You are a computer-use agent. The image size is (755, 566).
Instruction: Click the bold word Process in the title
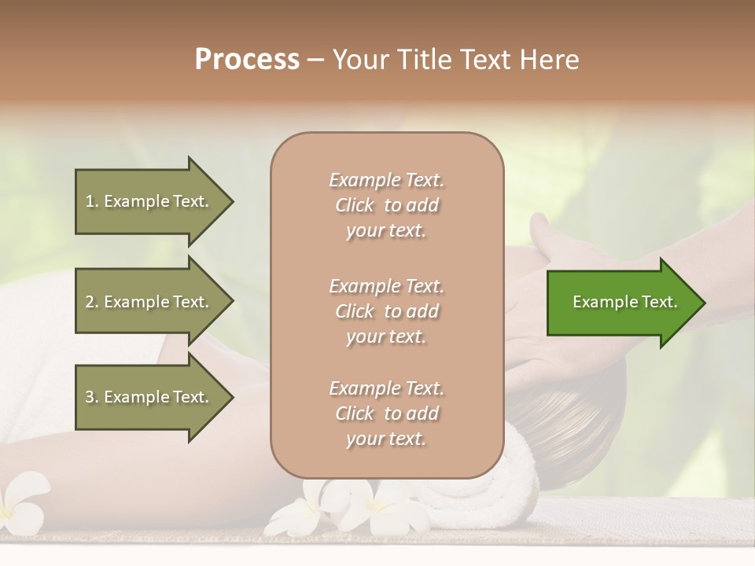247,60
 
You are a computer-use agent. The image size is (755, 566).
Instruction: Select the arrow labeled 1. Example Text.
149,201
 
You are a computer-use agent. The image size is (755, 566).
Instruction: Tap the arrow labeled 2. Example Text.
149,302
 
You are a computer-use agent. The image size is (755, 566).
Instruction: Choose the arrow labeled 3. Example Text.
149,397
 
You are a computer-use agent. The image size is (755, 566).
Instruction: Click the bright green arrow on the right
621,302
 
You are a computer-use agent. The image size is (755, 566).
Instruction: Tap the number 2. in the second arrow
92,302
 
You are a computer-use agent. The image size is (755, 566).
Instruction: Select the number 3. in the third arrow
92,397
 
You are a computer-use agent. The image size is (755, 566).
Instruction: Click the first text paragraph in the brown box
386,205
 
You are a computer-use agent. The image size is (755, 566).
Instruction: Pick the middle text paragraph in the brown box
386,311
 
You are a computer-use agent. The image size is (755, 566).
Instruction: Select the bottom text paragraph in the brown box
386,413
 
